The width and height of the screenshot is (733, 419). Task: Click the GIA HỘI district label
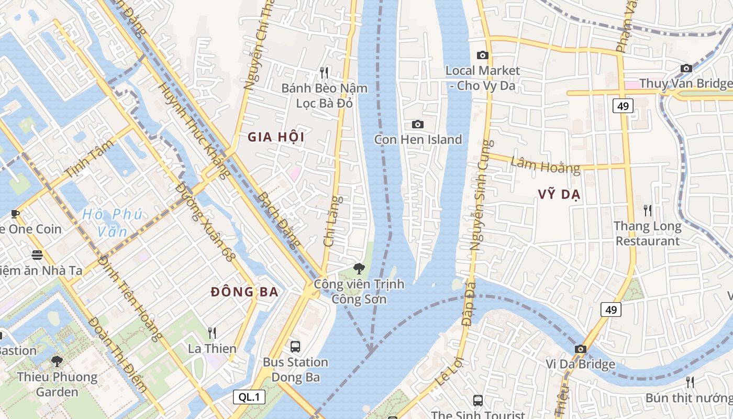click(275, 138)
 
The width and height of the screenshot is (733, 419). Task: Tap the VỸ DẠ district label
click(559, 195)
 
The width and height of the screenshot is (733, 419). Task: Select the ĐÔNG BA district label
click(245, 292)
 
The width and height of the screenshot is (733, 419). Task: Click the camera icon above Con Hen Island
click(417, 124)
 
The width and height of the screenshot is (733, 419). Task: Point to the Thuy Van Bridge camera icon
click(686, 68)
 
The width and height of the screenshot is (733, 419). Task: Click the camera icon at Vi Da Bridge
click(580, 349)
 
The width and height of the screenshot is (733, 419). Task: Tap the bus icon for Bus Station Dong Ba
click(295, 346)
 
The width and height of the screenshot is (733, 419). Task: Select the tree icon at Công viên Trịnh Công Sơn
click(359, 269)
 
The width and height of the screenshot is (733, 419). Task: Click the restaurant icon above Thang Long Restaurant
click(648, 211)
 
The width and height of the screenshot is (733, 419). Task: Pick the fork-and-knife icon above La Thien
click(212, 333)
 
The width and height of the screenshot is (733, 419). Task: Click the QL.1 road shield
click(249, 397)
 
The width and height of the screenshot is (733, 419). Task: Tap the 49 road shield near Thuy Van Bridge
click(623, 106)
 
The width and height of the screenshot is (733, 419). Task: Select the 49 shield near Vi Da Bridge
click(610, 310)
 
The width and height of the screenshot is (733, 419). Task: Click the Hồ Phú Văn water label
click(112, 223)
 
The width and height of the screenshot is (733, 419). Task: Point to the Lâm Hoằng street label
click(545, 166)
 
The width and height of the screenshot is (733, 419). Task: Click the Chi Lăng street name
click(332, 221)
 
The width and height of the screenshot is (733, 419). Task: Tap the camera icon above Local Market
click(482, 55)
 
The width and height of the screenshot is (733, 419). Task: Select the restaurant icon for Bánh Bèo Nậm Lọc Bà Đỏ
click(324, 72)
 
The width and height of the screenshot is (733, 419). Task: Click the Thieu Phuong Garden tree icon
click(57, 361)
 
